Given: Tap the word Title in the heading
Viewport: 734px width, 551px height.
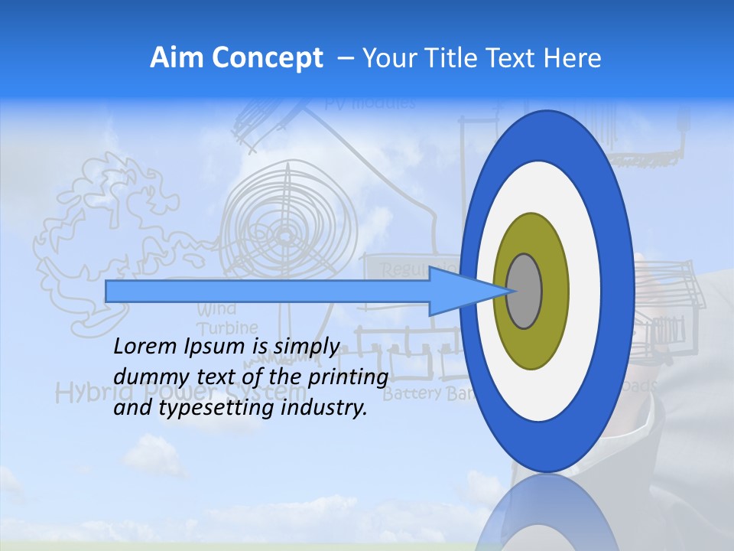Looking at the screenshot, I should (x=465, y=58).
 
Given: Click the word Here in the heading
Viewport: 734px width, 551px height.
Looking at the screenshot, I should (x=572, y=58).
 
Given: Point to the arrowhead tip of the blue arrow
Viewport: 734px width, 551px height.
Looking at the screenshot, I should (x=505, y=291).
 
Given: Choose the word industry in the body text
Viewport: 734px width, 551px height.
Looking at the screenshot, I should (x=324, y=408).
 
